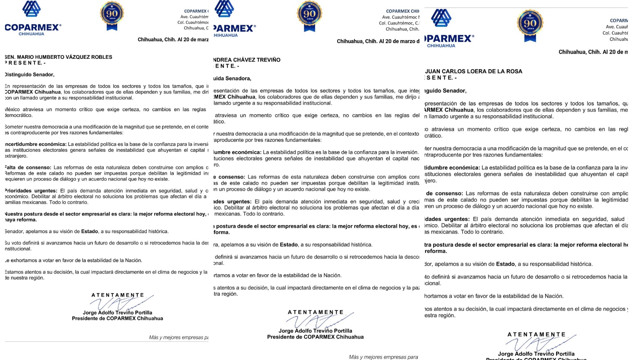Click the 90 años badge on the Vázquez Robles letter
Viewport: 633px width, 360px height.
(x=112, y=15)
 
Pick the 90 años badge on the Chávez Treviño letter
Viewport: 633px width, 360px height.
(x=309, y=15)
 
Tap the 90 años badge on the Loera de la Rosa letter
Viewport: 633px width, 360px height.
(x=530, y=25)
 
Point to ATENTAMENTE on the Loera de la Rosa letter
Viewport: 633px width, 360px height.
(x=537, y=334)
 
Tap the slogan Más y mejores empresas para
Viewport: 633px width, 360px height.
(x=383, y=357)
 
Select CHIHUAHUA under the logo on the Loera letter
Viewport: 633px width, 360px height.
(x=441, y=46)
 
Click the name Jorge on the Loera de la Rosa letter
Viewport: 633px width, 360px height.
(x=505, y=354)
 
